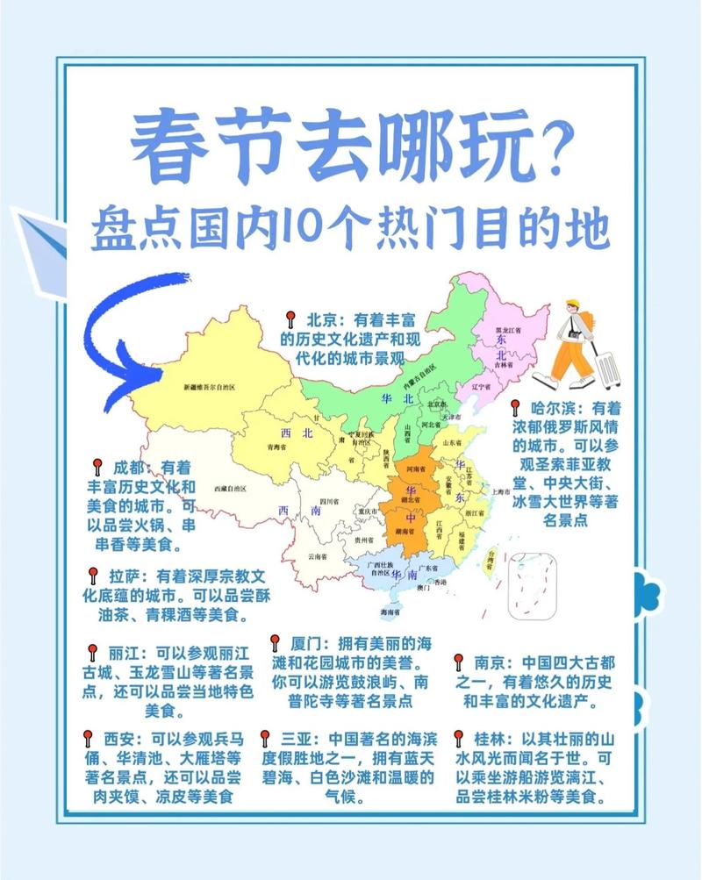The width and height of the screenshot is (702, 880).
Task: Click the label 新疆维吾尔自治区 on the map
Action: (x=210, y=387)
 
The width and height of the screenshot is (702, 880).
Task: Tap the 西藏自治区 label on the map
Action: (x=229, y=488)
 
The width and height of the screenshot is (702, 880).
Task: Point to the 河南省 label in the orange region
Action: (x=415, y=469)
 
